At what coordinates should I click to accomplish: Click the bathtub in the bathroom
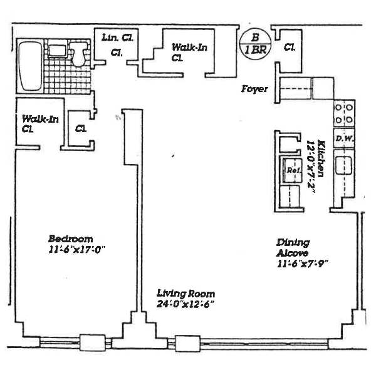[29, 66]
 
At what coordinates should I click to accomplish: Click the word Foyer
[255, 90]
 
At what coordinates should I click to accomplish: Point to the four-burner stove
[343, 113]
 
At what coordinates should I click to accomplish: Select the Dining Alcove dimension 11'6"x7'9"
[303, 264]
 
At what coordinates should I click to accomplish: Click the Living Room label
[185, 294]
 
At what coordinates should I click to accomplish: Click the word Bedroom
[71, 239]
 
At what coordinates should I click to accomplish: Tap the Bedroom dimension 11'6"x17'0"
[76, 250]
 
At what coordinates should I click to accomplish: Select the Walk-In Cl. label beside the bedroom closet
[34, 123]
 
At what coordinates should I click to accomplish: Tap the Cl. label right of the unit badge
[290, 47]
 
